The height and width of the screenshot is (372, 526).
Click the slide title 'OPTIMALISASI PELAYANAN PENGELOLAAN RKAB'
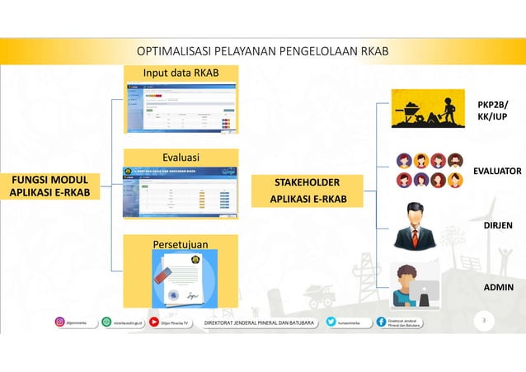coord(262,52)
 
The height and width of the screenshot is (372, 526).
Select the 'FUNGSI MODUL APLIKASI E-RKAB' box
coord(50,186)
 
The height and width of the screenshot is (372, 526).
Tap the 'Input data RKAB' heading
coord(181,74)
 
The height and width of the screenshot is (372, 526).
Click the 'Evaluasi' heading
coord(181,158)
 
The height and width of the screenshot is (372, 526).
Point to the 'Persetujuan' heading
coord(181,244)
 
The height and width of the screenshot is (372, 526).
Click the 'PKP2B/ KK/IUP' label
coord(492,111)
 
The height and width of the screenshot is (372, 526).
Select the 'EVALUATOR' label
coord(496,171)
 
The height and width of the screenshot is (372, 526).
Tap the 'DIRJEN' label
coord(497,224)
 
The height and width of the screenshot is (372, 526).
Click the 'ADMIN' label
coord(499,287)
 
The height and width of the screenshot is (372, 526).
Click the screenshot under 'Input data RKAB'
coord(181,108)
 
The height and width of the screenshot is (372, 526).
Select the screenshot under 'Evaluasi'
coord(181,192)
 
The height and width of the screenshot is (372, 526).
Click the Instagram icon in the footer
coord(59,323)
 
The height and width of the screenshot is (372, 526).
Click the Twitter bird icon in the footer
coord(331,323)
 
